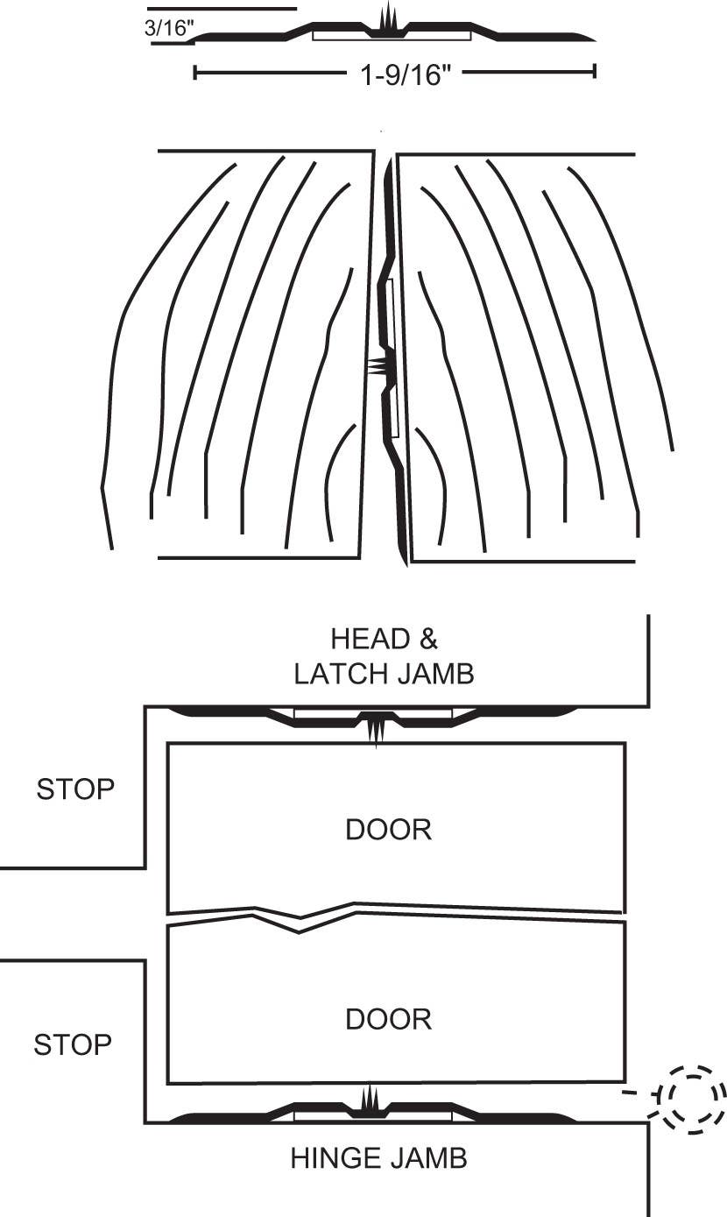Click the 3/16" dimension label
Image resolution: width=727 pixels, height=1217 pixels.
pos(167,28)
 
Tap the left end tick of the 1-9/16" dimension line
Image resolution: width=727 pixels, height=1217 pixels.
pos(194,73)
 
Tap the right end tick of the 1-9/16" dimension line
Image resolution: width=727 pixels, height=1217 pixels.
pos(595,73)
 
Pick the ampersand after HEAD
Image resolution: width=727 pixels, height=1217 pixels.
pos(428,639)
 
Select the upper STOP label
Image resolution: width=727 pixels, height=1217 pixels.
pos(75,789)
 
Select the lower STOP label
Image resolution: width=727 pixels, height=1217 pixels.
pos(73,1044)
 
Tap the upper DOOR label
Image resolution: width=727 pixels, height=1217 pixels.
pos(389,830)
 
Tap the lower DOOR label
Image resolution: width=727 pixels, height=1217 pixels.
pos(389,1019)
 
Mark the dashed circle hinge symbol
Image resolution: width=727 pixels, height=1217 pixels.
pos(691,1097)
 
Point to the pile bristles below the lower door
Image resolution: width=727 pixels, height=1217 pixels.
pos(370,1099)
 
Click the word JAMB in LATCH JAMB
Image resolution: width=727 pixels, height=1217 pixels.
pos(441,674)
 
